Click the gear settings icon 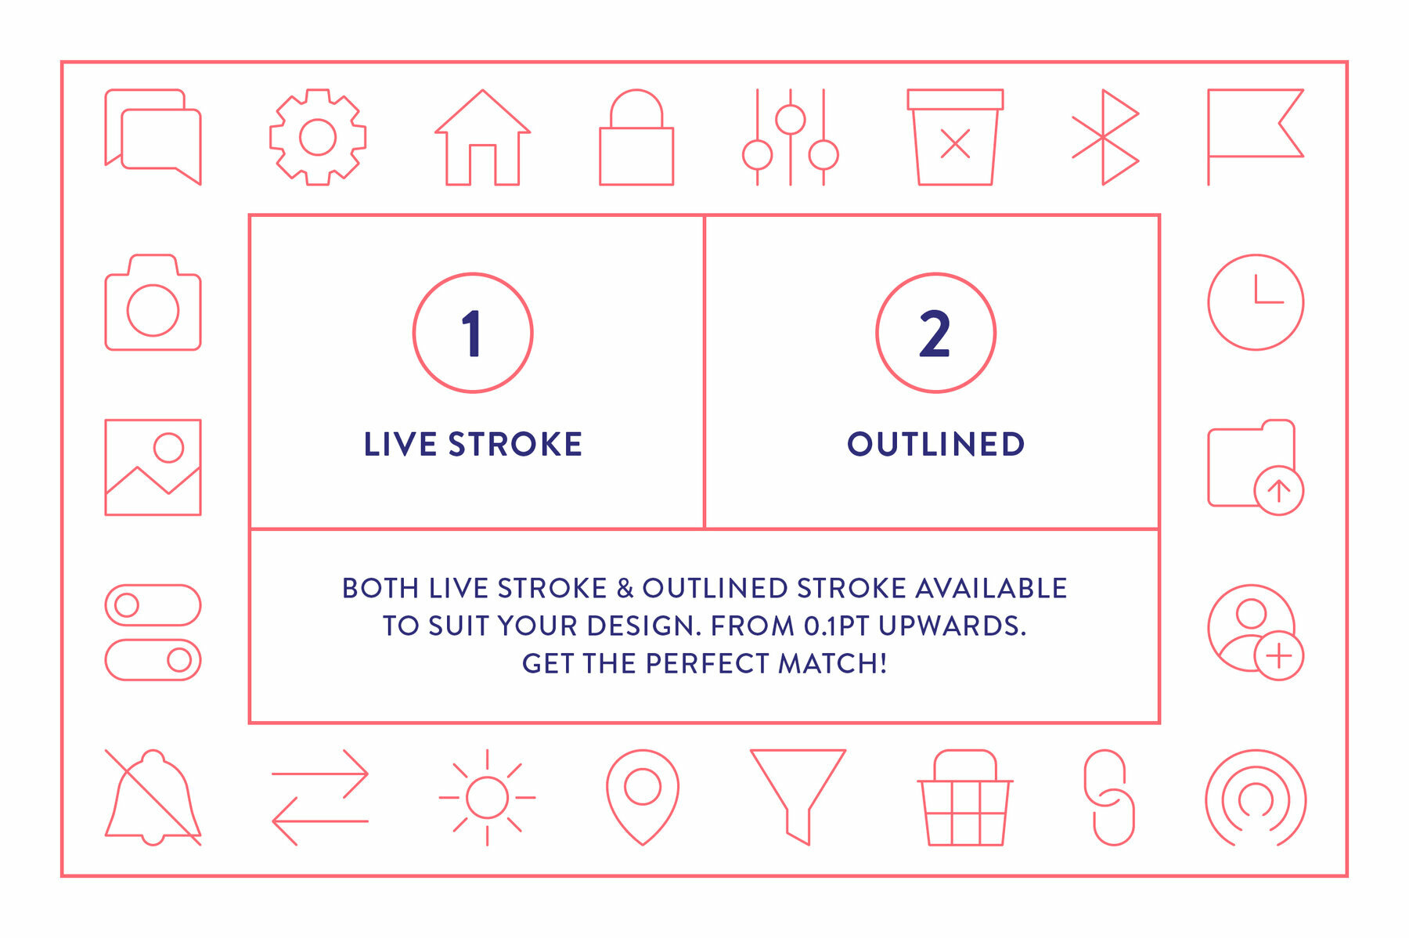[x=318, y=138]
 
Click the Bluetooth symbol [x=1104, y=138]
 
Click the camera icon [x=153, y=304]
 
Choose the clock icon [x=1256, y=302]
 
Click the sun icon [x=487, y=797]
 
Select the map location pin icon [x=643, y=795]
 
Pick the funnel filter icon [x=798, y=791]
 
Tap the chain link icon [x=1108, y=797]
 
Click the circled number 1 [x=473, y=333]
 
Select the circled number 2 [x=935, y=333]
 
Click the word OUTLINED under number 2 [x=935, y=444]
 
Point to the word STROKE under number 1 [x=515, y=444]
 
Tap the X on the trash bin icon [x=955, y=144]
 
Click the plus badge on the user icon [x=1278, y=655]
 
